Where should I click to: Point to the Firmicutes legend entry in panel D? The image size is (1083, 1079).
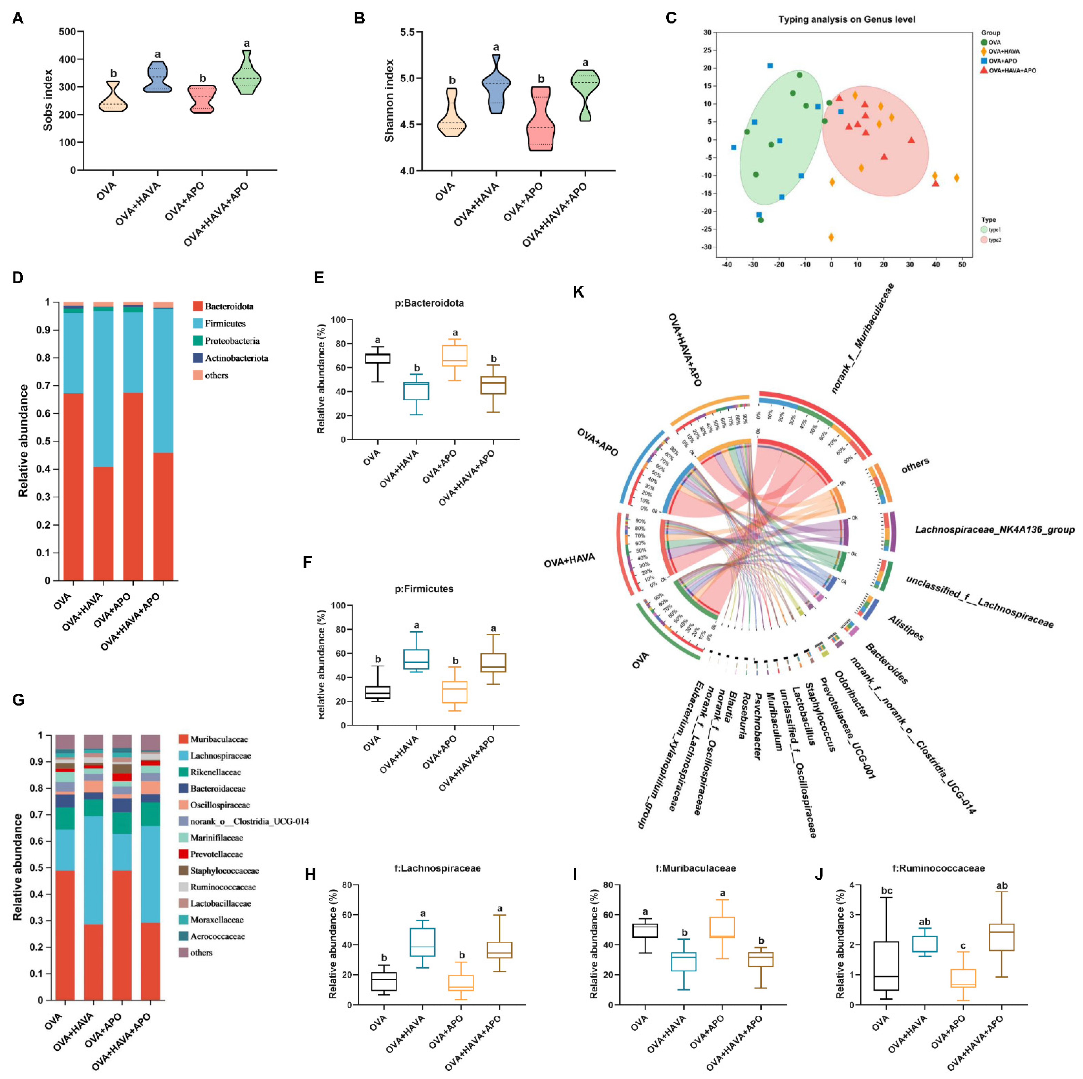click(x=225, y=324)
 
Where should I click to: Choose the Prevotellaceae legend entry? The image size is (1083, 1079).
click(x=216, y=854)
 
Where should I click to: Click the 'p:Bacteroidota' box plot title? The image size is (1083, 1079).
click(x=429, y=303)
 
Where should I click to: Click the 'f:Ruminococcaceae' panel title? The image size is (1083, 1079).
click(x=938, y=868)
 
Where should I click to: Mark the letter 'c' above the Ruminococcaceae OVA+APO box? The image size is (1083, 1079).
click(x=963, y=946)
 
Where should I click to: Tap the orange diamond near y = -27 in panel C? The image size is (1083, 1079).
click(x=831, y=237)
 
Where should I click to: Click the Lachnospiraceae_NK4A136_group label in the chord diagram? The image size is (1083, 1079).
click(x=995, y=529)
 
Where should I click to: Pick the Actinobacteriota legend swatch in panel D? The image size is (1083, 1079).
click(x=198, y=358)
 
